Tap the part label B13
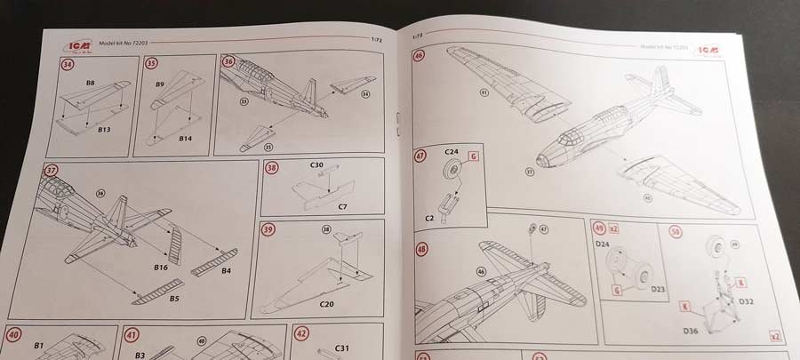click(103, 129)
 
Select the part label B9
click(161, 84)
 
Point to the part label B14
click(185, 139)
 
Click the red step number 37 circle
click(50, 172)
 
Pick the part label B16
click(161, 266)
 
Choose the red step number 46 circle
click(420, 56)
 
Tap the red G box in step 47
click(473, 156)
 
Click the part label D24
click(603, 243)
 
